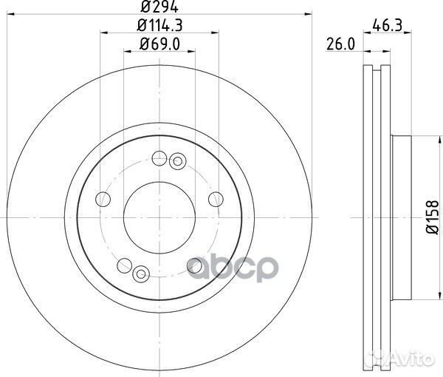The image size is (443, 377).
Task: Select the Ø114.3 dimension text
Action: (x=159, y=27)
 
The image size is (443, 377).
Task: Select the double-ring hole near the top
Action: (x=176, y=160)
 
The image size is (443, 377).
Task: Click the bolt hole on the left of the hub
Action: (x=104, y=200)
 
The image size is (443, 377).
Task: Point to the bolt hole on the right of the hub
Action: (x=216, y=199)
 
